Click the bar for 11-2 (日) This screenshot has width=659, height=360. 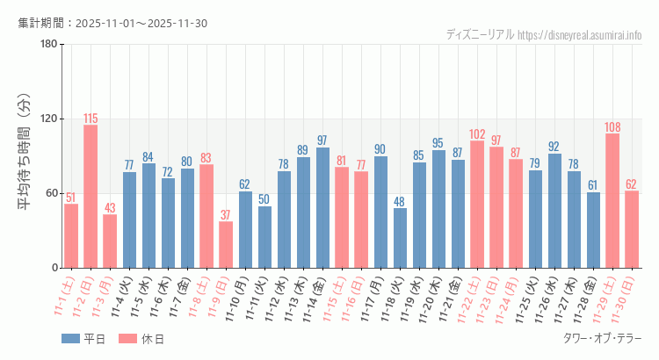pyautogui.click(x=91, y=197)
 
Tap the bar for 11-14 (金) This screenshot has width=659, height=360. pyautogui.click(x=322, y=208)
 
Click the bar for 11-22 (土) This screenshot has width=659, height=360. pyautogui.click(x=477, y=205)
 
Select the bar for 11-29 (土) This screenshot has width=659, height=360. pyautogui.click(x=612, y=201)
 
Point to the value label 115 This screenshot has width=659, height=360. pyautogui.click(x=91, y=119)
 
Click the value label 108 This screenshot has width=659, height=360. pyautogui.click(x=612, y=127)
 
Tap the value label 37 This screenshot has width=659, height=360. pyautogui.click(x=226, y=215)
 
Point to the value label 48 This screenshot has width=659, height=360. pyautogui.click(x=400, y=202)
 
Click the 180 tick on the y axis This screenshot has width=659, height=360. pyautogui.click(x=47, y=45)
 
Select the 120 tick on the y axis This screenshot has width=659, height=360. pyautogui.click(x=47, y=119)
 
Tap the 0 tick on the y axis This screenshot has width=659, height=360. pyautogui.click(x=54, y=268)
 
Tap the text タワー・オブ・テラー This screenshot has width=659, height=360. pyautogui.click(x=602, y=339)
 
